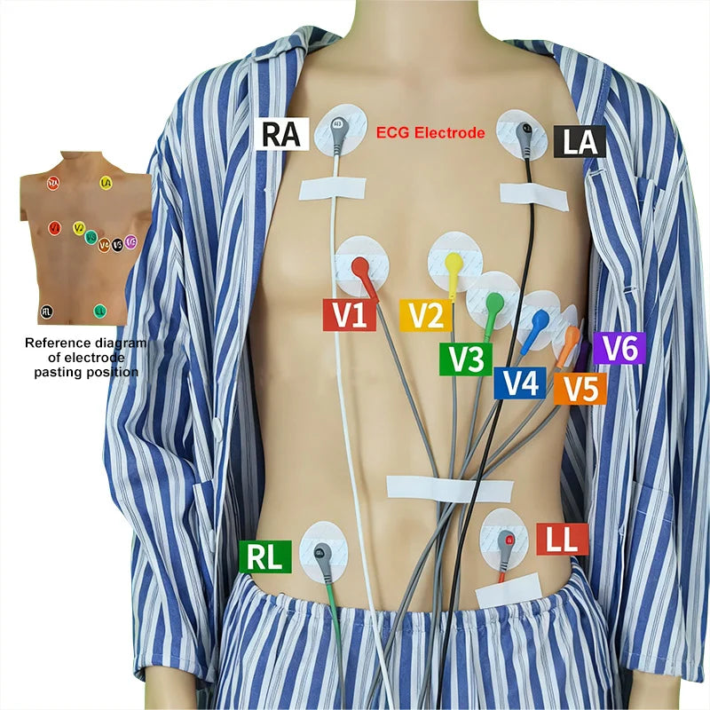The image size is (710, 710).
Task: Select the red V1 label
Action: coord(350,315)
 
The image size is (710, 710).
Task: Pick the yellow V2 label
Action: coord(426,315)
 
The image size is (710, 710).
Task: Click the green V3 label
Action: coord(465,358)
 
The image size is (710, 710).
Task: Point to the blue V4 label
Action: coord(519,383)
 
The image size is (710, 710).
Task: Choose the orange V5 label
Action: coord(580,388)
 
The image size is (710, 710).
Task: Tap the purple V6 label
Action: coord(619,348)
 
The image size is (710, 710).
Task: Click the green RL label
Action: coord(264,556)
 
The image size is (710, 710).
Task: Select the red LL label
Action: coord(562,539)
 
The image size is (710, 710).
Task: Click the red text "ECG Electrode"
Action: coord(430,134)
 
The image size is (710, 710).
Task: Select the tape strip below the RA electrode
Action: coord(333,187)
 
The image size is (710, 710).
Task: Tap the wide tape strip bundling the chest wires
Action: coord(449,488)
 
